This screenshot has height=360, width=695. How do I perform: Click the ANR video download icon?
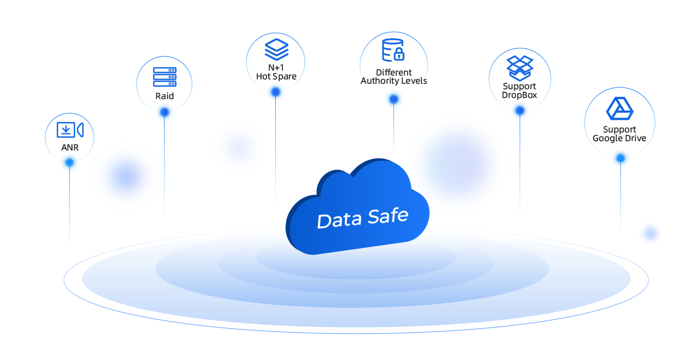pos(70,130)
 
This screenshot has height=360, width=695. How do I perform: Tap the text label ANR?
pos(70,148)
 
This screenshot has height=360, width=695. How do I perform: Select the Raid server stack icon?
pos(165,77)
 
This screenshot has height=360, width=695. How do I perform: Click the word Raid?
pos(164,96)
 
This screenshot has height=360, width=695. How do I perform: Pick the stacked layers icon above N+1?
pos(276,50)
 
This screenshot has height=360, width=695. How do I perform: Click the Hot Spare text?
pos(276,77)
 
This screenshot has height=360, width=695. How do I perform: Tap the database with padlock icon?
pos(393,50)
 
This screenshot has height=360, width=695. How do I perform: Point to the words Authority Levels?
pos(393,81)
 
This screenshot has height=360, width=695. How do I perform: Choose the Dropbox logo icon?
pos(520,68)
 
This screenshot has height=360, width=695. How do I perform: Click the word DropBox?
pos(519,95)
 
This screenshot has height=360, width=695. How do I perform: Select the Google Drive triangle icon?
pos(619,108)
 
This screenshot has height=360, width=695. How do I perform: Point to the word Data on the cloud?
pos(339,220)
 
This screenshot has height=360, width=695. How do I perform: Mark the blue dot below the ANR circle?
pos(69,162)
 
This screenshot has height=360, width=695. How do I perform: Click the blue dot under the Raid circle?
pos(164,112)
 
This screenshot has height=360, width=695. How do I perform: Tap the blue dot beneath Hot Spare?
pos(275,92)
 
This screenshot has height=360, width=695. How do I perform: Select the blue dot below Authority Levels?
pos(393,99)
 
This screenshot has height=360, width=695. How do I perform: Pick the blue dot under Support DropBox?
pos(520,111)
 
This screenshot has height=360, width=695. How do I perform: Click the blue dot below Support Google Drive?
pos(620,158)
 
